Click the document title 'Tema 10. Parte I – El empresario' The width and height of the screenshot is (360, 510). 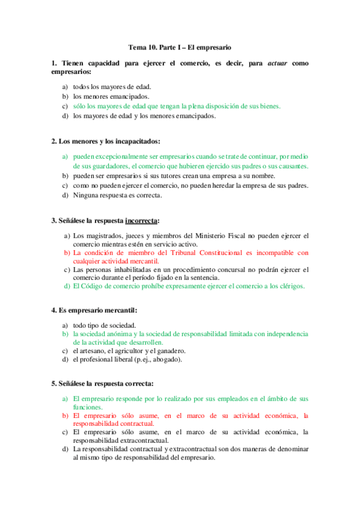pyautogui.click(x=180, y=46)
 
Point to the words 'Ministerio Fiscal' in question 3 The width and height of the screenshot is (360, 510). pyautogui.click(x=230, y=235)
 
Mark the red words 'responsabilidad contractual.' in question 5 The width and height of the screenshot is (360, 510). pyautogui.click(x=113, y=423)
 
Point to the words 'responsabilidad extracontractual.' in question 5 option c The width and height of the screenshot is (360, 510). pyautogui.click(x=120, y=440)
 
